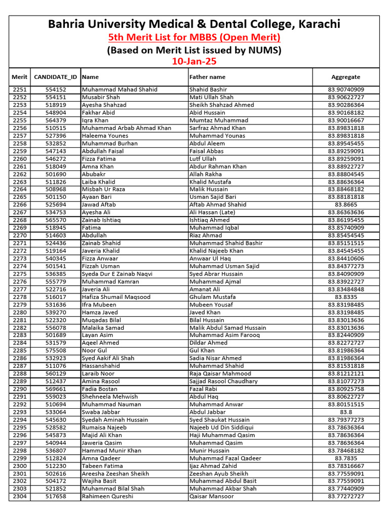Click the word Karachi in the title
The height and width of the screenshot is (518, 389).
click(320, 24)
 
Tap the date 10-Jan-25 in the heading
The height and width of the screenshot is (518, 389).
click(194, 61)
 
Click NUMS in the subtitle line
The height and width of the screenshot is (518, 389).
click(264, 50)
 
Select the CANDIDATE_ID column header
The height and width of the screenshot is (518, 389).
click(55, 77)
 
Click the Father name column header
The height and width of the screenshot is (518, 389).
click(207, 77)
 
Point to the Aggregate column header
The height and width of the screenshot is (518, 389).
click(345, 77)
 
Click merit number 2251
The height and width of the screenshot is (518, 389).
click(20, 90)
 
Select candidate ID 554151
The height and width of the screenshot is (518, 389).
click(55, 97)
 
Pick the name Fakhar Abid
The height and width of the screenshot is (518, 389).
click(98, 113)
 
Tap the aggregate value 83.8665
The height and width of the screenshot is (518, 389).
click(345, 205)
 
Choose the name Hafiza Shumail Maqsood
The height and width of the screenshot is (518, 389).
click(116, 297)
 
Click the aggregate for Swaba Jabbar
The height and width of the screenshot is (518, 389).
click(345, 412)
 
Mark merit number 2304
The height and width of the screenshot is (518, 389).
click(20, 497)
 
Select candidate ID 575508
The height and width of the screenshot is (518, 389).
click(55, 351)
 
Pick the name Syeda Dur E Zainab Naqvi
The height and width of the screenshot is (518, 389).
click(117, 274)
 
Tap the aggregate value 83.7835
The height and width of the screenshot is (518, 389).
click(345, 458)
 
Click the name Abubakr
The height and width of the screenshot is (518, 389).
click(94, 174)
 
